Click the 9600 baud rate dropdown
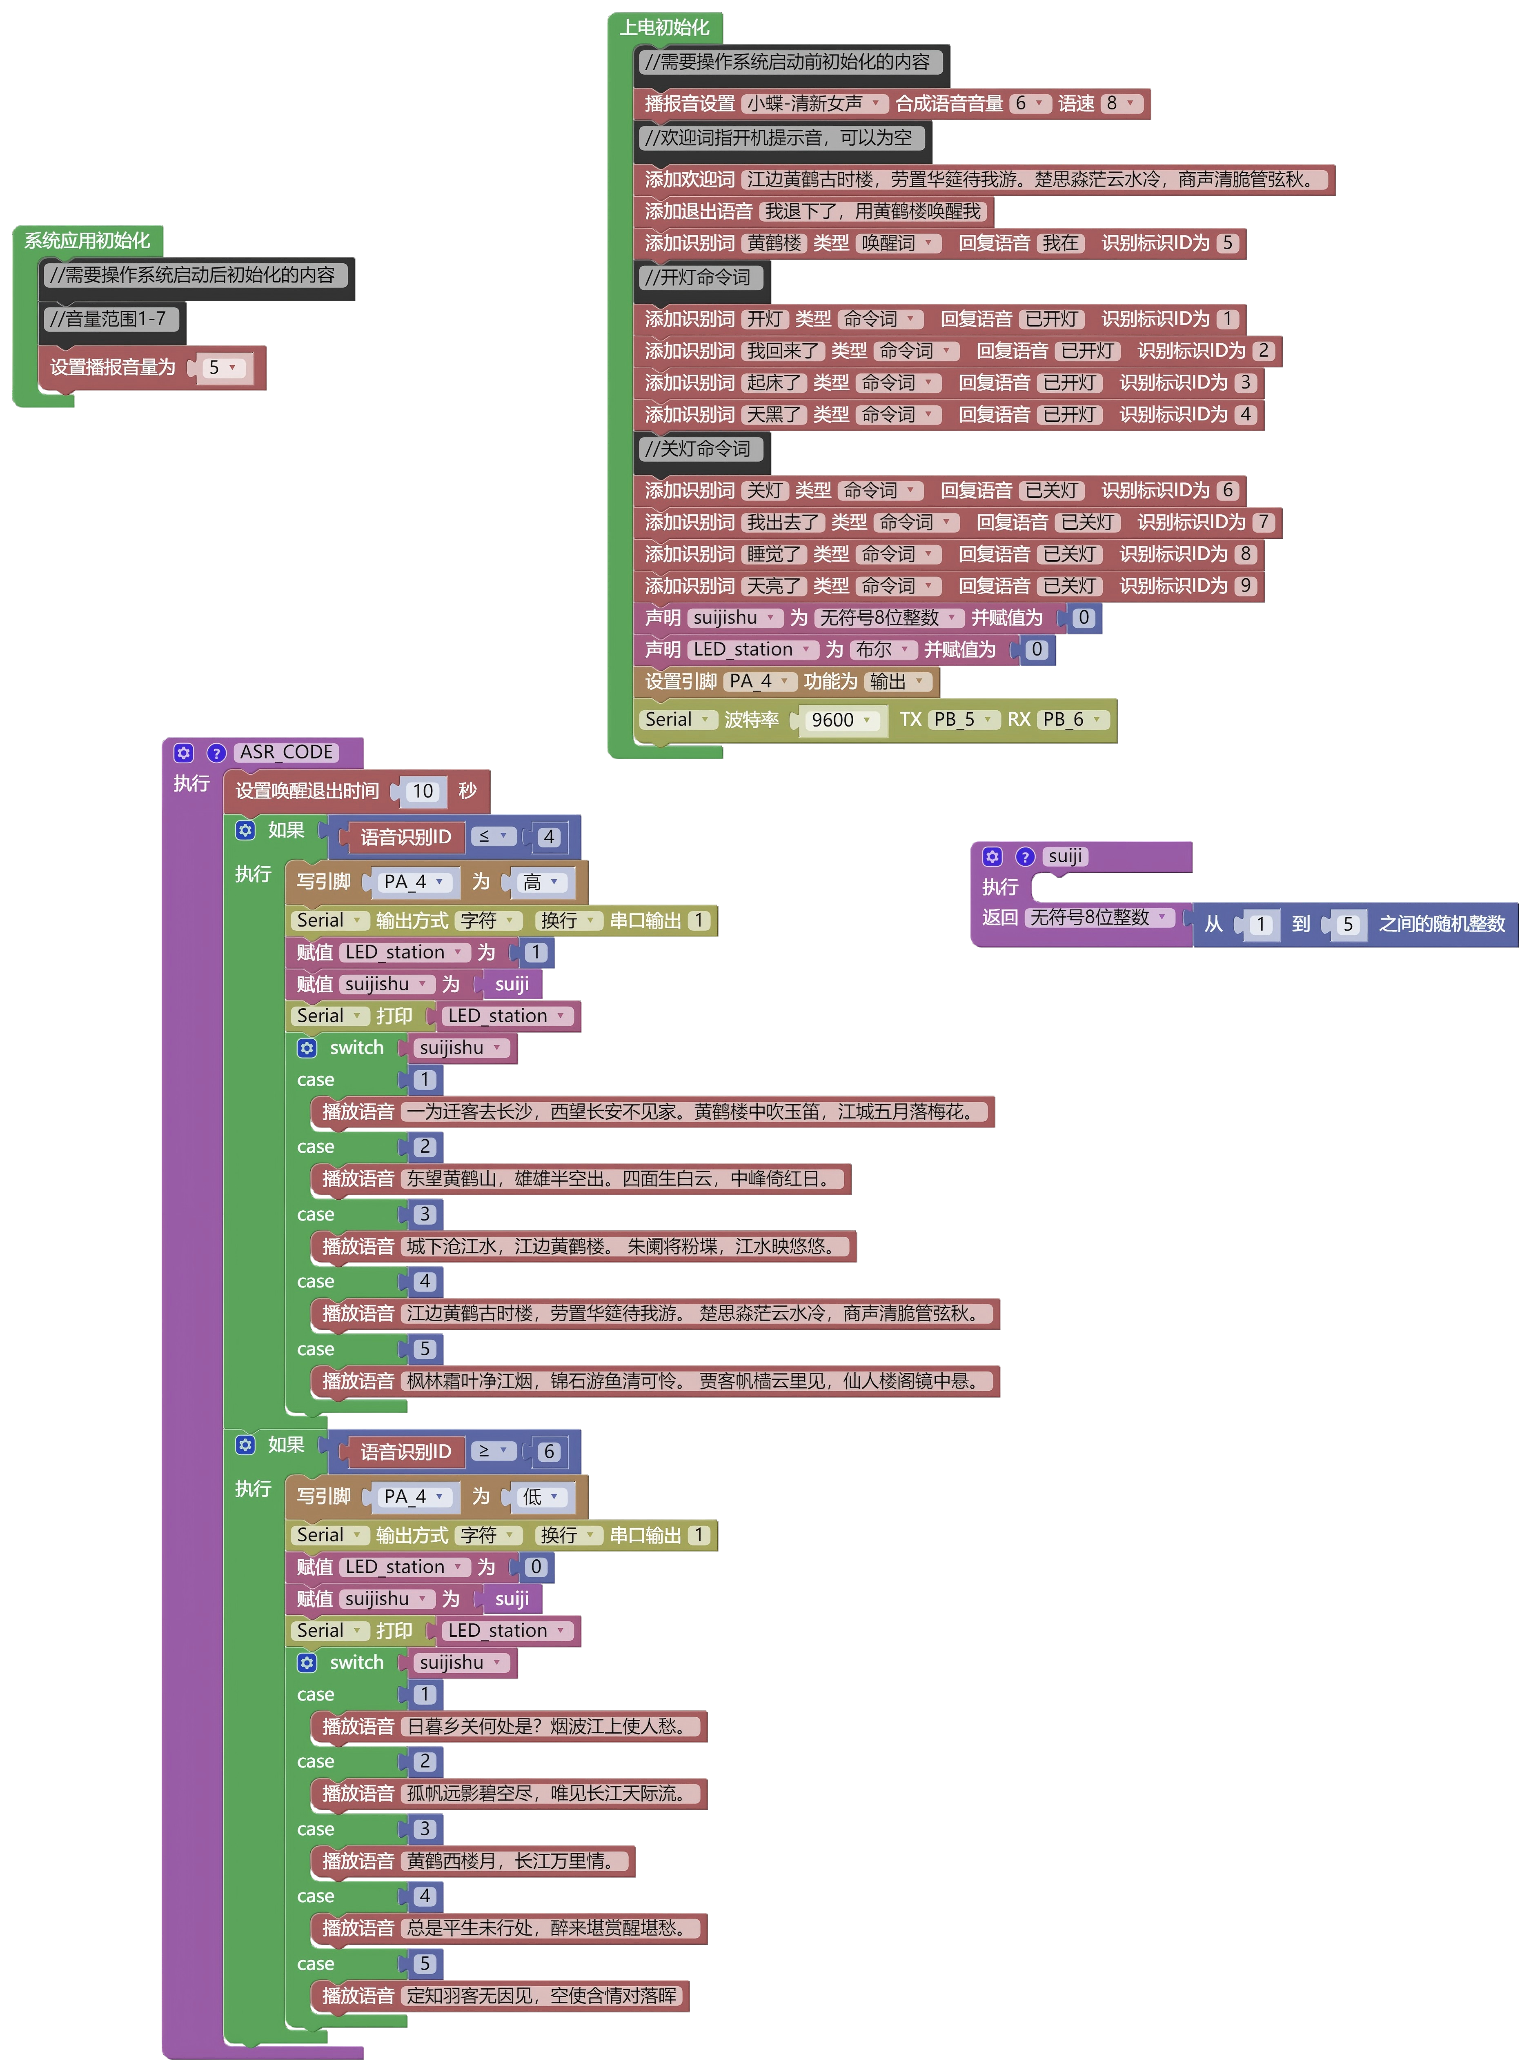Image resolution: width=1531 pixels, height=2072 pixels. click(840, 720)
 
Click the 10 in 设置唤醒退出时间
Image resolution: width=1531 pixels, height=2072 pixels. click(423, 791)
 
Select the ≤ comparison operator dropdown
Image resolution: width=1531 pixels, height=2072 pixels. click(492, 837)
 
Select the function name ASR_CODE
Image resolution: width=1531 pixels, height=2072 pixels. click(286, 752)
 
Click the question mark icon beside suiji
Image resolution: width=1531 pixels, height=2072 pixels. click(1025, 857)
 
